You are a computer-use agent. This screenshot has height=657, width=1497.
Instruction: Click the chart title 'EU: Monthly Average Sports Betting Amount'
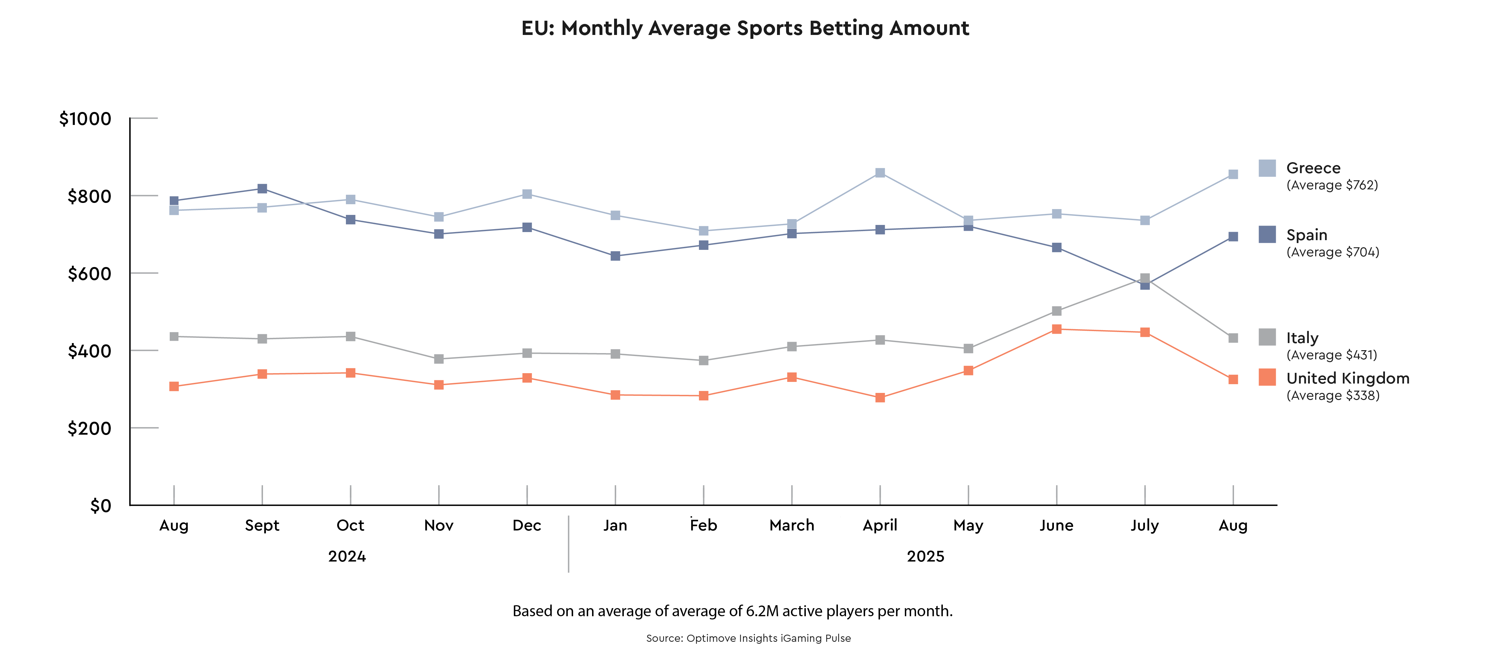pos(745,28)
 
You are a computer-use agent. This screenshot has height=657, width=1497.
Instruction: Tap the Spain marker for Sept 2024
pos(262,189)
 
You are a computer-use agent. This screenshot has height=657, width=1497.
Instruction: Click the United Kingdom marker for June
pos(1057,329)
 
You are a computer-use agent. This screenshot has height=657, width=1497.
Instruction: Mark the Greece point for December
pos(527,194)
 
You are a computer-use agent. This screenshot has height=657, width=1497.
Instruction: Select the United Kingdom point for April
pos(880,397)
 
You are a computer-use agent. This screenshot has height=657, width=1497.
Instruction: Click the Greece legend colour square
pos(1267,168)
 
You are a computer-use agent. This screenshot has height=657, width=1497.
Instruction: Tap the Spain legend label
pos(1306,235)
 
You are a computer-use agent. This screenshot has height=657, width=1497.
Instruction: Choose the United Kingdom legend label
pos(1348,378)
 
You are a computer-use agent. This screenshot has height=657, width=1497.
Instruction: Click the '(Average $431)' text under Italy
pos(1331,355)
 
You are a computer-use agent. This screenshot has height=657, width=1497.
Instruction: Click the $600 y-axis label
pos(89,273)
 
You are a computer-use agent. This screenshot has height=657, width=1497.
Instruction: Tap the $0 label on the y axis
pos(100,506)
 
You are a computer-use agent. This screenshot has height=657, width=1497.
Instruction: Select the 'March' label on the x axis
pos(792,525)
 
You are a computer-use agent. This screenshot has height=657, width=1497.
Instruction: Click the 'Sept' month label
pos(262,525)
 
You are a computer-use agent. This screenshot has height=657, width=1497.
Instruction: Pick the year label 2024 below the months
pos(347,556)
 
